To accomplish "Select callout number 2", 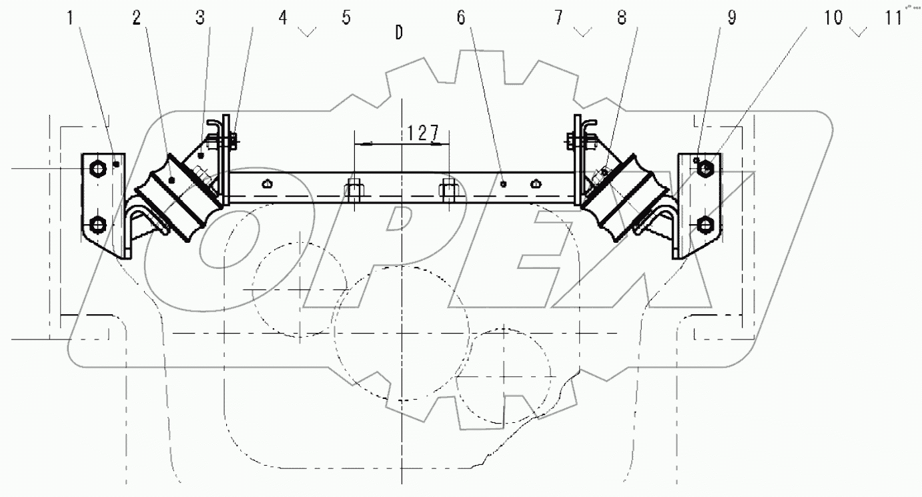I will coord(136,19).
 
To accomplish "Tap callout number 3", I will coord(199,19).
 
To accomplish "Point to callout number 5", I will coord(346,18).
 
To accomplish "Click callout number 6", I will coord(460,19).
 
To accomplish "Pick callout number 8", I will coord(622,19).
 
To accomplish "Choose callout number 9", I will coord(732,19).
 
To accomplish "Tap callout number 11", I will coord(893,18).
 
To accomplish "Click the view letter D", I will coord(399,33).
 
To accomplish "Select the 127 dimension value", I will coord(423,133).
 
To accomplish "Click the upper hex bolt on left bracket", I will coord(97,169).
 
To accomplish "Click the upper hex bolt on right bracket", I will coord(706,169).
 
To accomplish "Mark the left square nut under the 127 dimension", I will coord(354,190).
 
